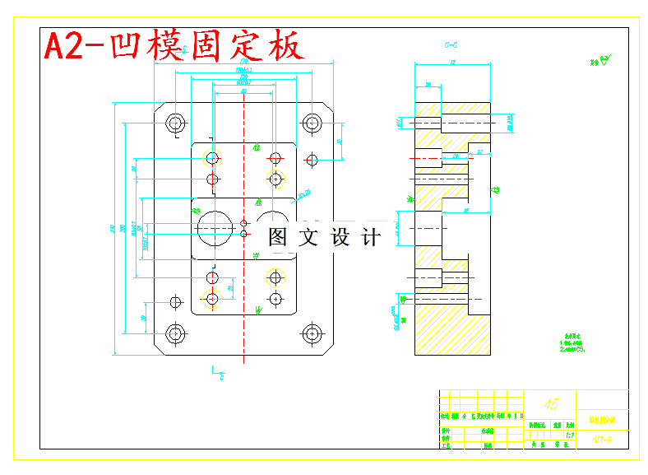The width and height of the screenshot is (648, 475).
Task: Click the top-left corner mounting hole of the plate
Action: tap(175, 123)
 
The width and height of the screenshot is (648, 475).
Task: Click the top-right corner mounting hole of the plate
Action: tap(311, 123)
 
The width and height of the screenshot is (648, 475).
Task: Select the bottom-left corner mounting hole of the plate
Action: tap(175, 333)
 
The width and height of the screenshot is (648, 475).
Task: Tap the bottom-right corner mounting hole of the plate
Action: tap(311, 333)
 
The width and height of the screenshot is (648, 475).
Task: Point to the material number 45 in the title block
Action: tap(551, 404)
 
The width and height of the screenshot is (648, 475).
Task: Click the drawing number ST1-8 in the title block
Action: tap(602, 440)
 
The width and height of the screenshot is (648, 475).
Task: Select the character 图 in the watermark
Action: tap(278, 237)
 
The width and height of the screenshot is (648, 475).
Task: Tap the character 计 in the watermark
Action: tap(371, 237)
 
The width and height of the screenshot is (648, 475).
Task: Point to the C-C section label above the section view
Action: tap(451, 44)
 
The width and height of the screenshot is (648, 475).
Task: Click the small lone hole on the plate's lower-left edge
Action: tap(174, 300)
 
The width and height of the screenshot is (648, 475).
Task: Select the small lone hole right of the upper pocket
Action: tap(311, 158)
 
